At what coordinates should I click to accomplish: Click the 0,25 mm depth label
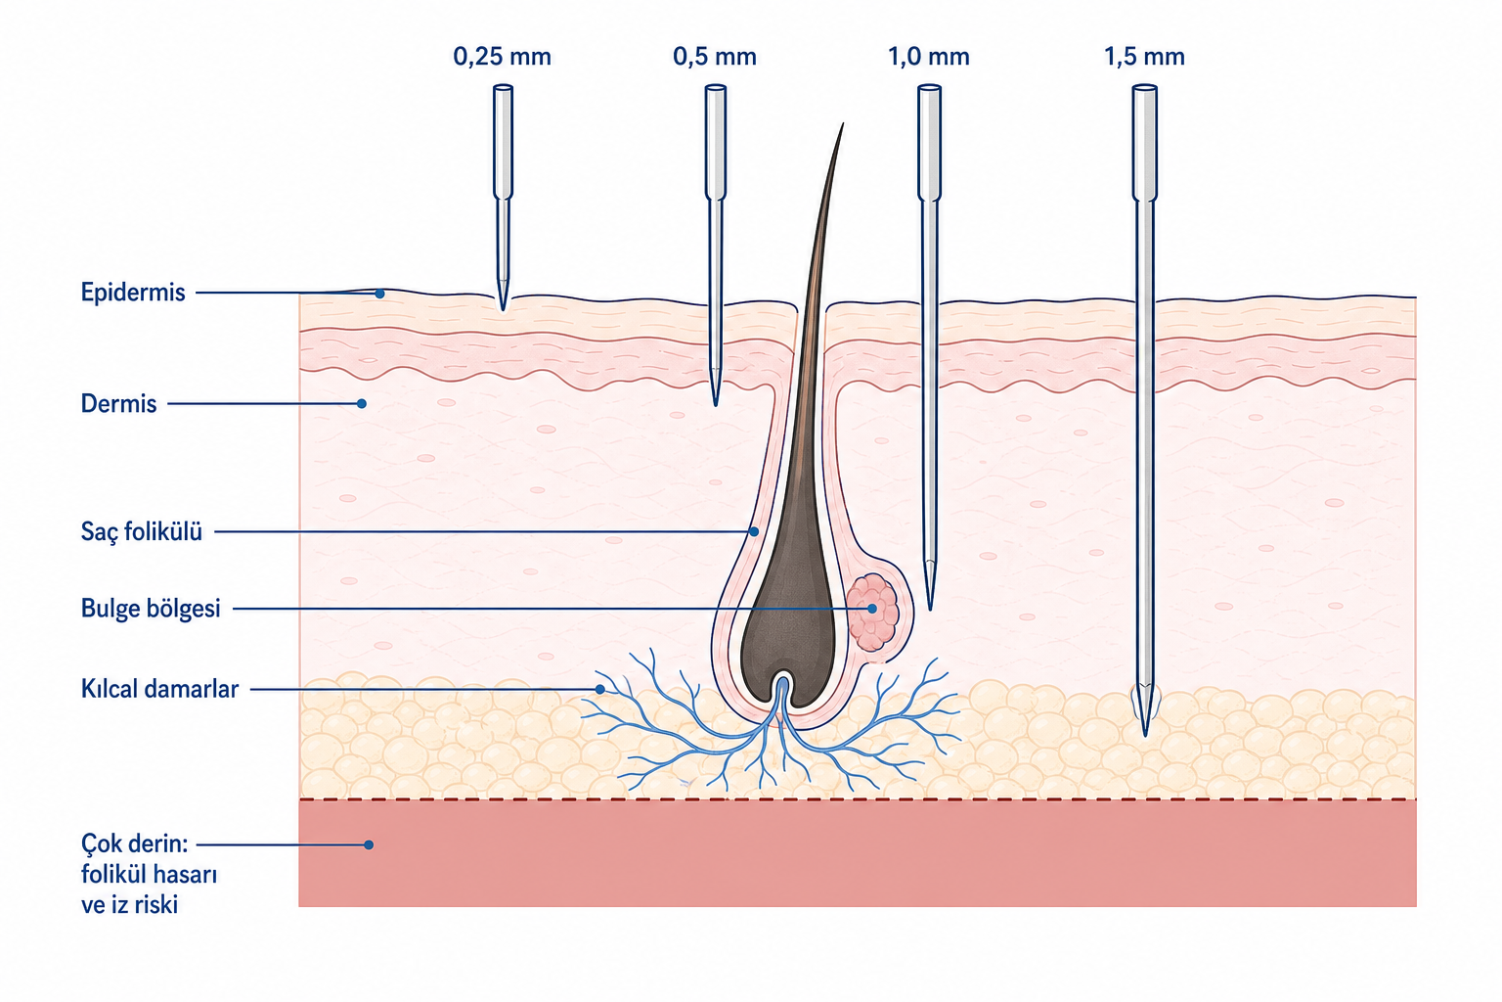coord(503,57)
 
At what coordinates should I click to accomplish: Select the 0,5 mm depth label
coord(715,57)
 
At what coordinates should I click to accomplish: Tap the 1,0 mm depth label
coord(929,57)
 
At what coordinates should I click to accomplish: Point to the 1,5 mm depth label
coord(1145,57)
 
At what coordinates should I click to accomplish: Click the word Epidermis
coord(133,293)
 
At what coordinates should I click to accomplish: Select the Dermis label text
coord(118,403)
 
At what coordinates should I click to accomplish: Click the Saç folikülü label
coord(142,531)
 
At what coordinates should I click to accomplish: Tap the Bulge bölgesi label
coord(151,608)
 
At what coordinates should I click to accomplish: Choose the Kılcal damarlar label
coord(159,689)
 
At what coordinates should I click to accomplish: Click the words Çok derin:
coord(135,843)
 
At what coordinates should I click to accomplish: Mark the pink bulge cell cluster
coord(872,612)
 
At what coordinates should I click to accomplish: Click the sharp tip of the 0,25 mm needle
coord(503,309)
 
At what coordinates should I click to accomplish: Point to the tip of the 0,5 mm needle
coord(716,405)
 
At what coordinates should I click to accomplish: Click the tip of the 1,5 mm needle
coord(1145,735)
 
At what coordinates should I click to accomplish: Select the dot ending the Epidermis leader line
coord(379,294)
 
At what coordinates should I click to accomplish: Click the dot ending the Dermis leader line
coord(362,403)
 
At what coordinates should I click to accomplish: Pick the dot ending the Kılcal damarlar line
coord(600,689)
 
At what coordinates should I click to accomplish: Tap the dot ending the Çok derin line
coord(369,844)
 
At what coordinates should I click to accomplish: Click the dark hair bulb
coord(788,644)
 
